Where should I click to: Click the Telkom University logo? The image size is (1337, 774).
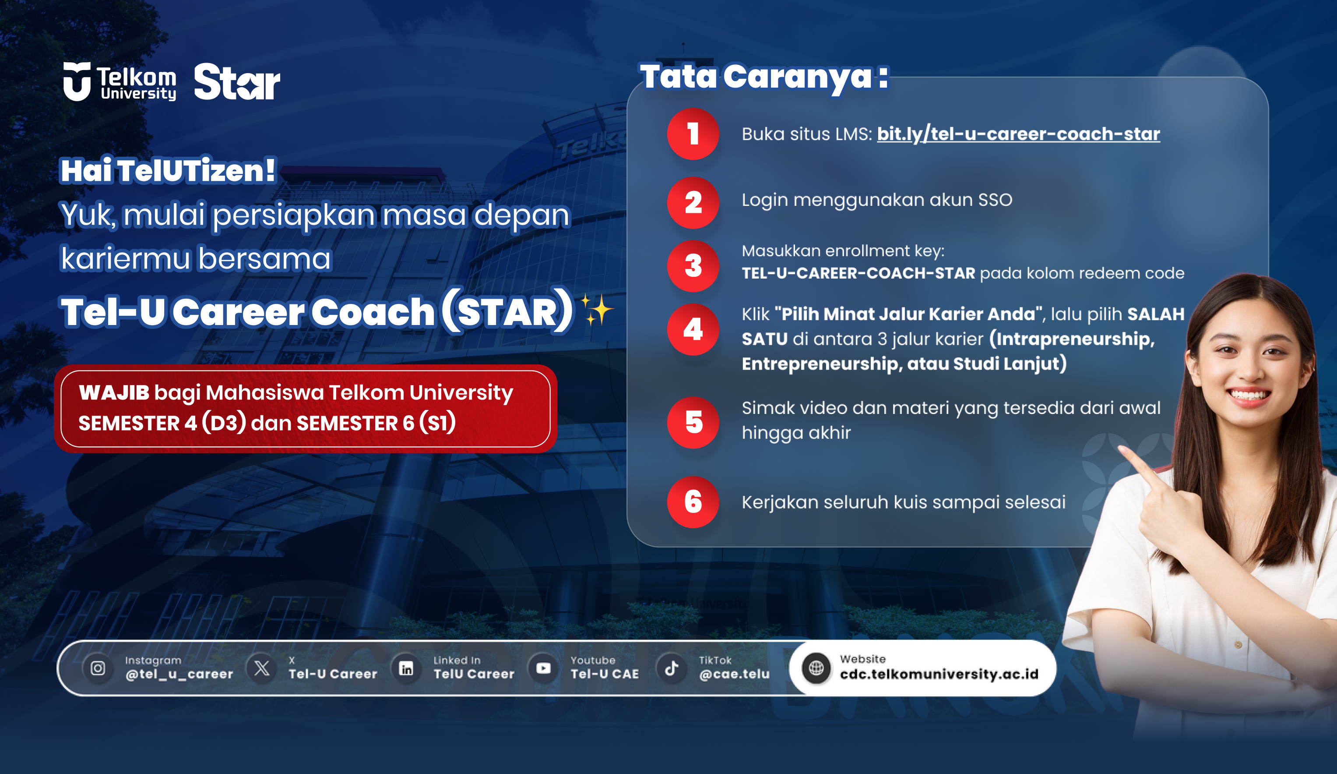click(x=120, y=82)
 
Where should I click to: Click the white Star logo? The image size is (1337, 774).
click(x=237, y=82)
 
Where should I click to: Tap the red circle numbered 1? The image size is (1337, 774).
click(x=693, y=134)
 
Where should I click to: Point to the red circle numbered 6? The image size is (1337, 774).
click(x=693, y=502)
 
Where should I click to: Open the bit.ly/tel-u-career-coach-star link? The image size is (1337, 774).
click(x=1018, y=134)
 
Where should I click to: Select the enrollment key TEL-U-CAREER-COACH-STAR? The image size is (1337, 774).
click(x=858, y=273)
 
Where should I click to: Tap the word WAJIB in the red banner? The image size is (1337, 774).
click(x=114, y=393)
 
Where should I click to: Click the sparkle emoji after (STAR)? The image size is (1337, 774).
click(x=596, y=310)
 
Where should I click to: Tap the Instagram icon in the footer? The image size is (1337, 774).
click(x=98, y=668)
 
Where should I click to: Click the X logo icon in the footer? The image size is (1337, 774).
click(x=261, y=668)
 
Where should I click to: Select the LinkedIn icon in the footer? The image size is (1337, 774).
click(x=406, y=668)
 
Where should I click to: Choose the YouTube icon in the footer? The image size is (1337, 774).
click(x=543, y=668)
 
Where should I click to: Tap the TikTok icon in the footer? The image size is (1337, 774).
click(x=672, y=668)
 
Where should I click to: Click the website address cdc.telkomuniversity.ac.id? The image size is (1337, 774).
click(x=939, y=674)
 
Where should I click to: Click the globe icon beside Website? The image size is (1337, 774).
click(x=816, y=668)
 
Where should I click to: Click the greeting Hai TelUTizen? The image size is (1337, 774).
click(x=168, y=171)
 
